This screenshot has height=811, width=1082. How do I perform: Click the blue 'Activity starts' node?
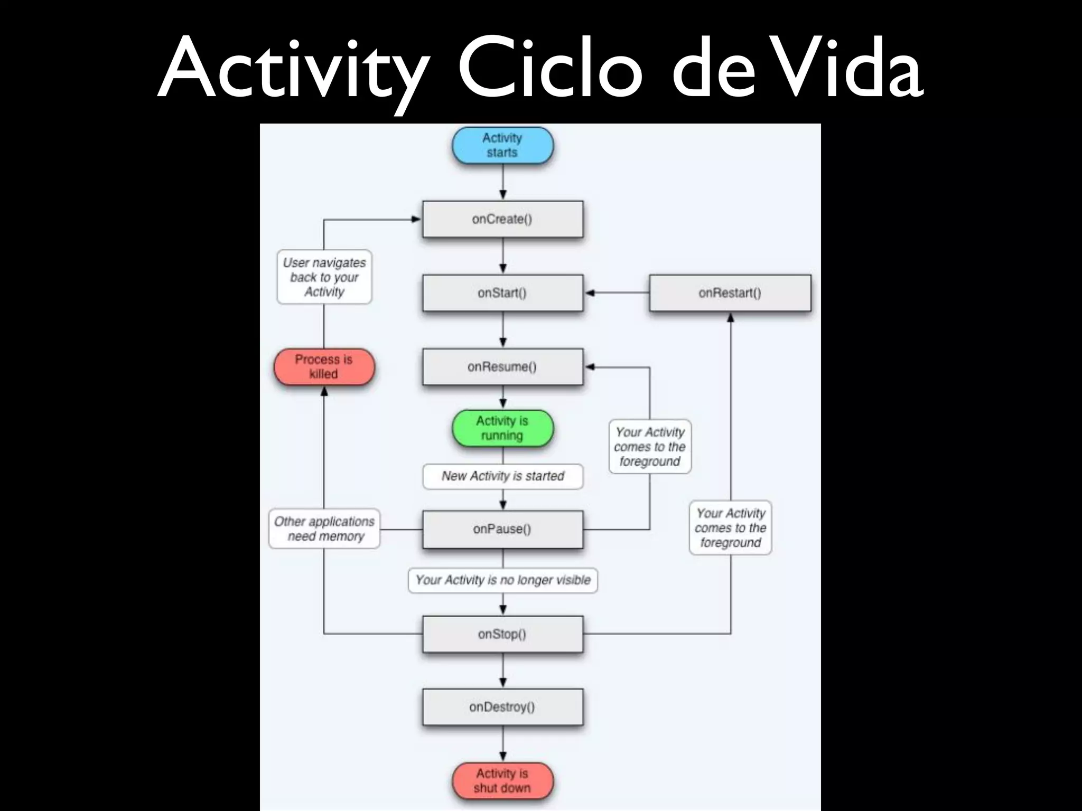coord(502,145)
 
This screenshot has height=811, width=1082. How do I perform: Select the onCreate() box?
coord(502,219)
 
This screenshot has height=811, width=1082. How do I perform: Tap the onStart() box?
coord(502,293)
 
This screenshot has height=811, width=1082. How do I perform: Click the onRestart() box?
coord(730,293)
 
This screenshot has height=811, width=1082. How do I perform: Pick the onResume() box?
coord(502,367)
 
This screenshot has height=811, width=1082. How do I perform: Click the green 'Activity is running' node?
coord(502,428)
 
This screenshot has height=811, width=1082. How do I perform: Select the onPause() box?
coord(502,529)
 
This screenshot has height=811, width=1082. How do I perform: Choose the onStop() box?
coord(502,634)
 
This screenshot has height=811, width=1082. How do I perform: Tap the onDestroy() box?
coord(502,707)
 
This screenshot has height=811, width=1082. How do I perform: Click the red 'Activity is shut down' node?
coord(502,781)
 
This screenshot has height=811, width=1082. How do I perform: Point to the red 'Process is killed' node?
coord(324,367)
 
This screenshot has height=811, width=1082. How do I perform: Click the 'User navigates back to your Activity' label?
coord(324,277)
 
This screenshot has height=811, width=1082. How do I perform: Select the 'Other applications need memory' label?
coord(324,529)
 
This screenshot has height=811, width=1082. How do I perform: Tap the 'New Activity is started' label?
coord(503,476)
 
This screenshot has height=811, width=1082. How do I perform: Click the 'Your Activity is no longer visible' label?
coord(503,580)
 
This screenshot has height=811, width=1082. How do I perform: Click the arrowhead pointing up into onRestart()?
coord(731,317)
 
